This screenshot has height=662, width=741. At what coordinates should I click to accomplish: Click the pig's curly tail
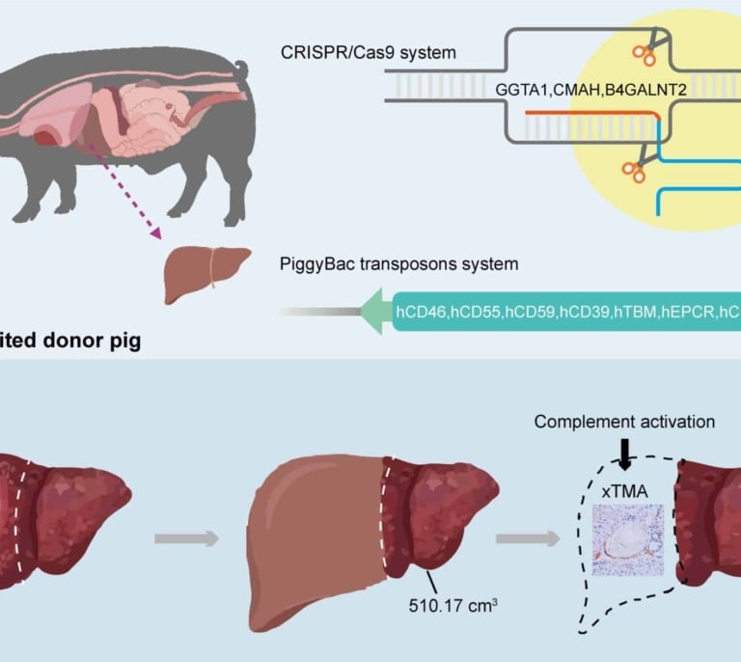click(240, 71)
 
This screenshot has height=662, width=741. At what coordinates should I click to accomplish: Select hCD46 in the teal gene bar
click(422, 313)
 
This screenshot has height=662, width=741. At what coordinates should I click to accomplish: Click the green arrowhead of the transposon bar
click(373, 312)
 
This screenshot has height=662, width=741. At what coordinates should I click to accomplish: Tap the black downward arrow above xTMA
click(625, 453)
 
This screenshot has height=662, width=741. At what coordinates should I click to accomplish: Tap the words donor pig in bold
click(93, 341)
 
